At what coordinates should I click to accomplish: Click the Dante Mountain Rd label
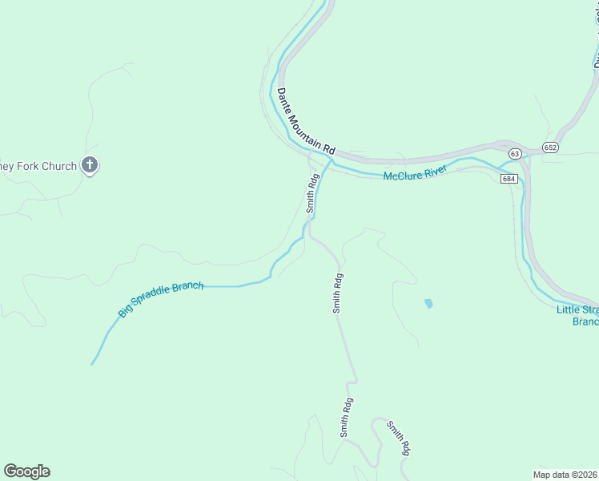coord(306,121)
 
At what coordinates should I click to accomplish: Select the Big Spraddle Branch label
coord(161,299)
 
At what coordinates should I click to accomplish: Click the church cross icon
coord(90,166)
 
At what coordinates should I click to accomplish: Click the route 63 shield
coord(514,153)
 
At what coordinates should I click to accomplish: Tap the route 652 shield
coord(550,148)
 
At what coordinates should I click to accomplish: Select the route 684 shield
coord(509,178)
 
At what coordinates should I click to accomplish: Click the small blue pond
coord(428,304)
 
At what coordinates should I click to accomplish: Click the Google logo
coord(26,471)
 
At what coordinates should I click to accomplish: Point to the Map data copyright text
coord(565,474)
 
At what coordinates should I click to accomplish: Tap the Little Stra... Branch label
coord(577,315)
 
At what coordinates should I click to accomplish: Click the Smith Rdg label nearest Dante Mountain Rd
coord(312,192)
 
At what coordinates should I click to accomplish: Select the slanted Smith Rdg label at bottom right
coord(398,438)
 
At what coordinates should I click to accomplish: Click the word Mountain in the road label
coord(304,120)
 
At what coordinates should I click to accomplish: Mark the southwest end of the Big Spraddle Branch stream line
coord(92,364)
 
